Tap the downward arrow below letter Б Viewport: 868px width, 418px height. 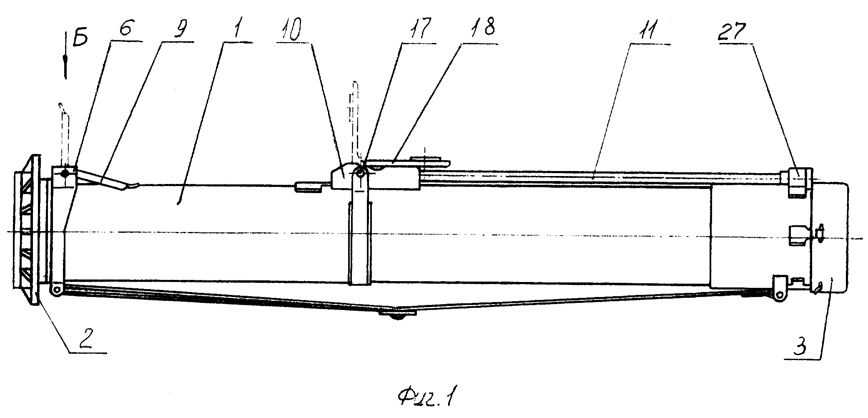66,57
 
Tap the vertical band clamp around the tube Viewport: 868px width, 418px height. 359,244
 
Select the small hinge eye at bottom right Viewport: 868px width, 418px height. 778,295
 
